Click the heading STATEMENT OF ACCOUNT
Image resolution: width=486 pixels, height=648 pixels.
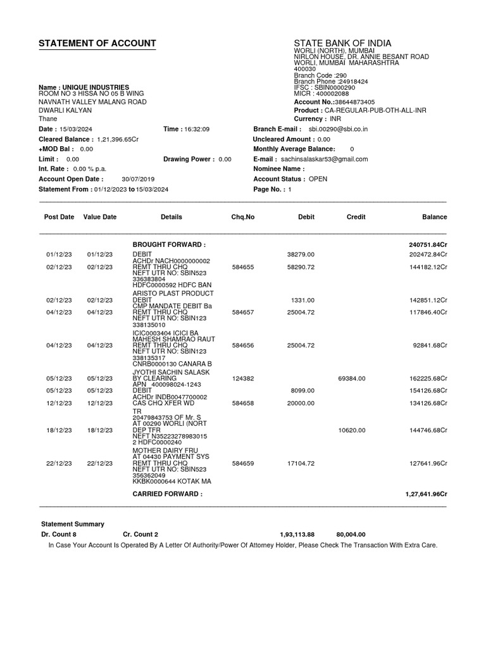(x=97, y=43)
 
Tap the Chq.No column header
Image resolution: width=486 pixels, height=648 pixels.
(x=243, y=216)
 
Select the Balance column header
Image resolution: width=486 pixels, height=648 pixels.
(x=434, y=216)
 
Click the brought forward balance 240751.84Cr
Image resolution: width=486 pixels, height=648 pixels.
(x=428, y=244)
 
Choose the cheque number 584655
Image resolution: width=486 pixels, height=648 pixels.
(x=243, y=268)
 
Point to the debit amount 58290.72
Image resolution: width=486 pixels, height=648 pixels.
(x=301, y=268)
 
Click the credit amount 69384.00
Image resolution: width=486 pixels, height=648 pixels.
(x=352, y=378)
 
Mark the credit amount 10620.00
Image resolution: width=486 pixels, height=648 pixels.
(x=352, y=430)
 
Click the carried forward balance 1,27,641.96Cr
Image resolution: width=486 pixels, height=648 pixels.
(x=426, y=494)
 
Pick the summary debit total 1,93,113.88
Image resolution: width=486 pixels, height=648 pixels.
(x=297, y=534)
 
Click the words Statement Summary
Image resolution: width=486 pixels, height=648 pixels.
(x=73, y=524)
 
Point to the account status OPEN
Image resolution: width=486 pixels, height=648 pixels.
(x=318, y=179)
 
